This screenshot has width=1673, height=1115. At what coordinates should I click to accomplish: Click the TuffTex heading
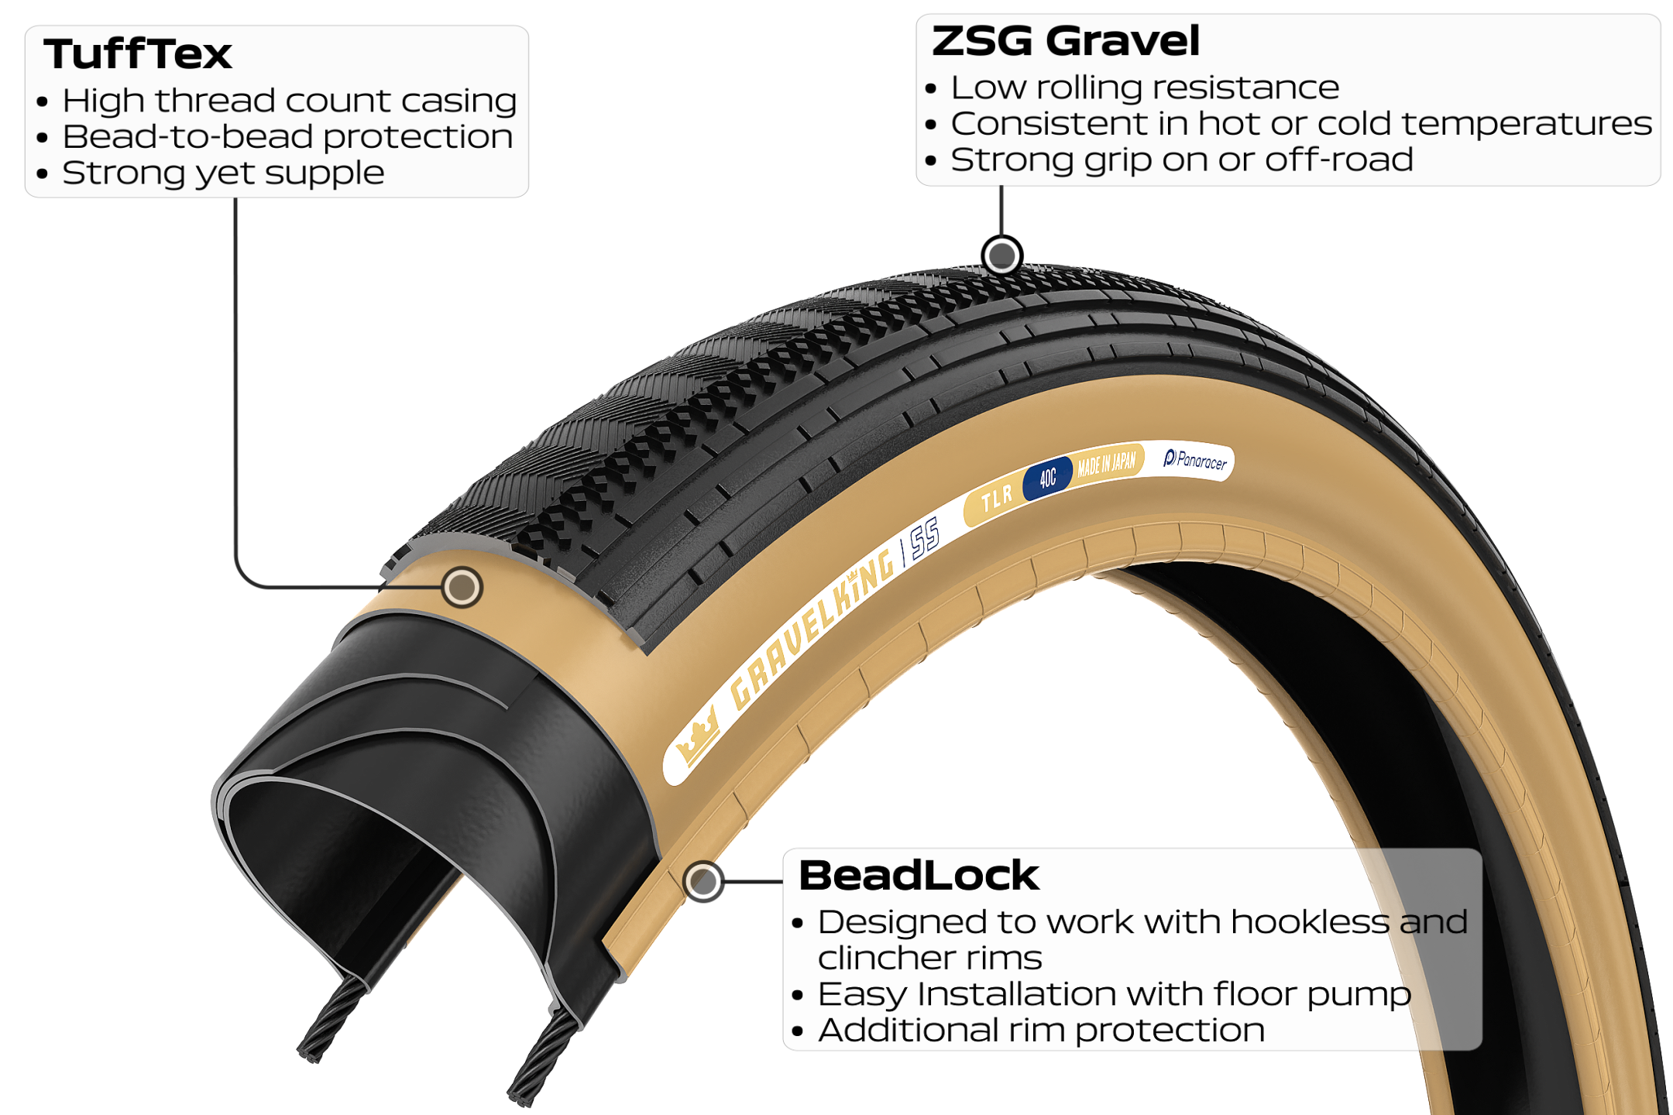click(x=138, y=54)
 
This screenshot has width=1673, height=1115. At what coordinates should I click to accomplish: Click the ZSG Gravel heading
click(x=1066, y=41)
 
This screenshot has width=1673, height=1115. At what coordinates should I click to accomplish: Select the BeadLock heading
click(x=919, y=876)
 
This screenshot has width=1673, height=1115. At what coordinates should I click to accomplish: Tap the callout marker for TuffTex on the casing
click(x=462, y=587)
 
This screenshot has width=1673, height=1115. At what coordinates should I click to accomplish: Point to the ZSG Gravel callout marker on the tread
click(x=1002, y=255)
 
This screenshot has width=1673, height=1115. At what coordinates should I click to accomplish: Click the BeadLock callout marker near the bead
click(x=703, y=881)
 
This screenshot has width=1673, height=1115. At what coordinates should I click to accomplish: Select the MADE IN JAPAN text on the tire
click(x=1107, y=462)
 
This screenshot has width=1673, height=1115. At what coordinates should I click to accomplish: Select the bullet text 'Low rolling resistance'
click(x=1145, y=87)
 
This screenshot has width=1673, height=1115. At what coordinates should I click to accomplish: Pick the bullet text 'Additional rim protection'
click(x=1041, y=1031)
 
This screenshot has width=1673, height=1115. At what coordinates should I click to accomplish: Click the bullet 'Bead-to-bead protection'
click(x=287, y=137)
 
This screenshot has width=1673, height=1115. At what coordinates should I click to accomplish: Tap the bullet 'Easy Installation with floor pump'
click(x=1115, y=994)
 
